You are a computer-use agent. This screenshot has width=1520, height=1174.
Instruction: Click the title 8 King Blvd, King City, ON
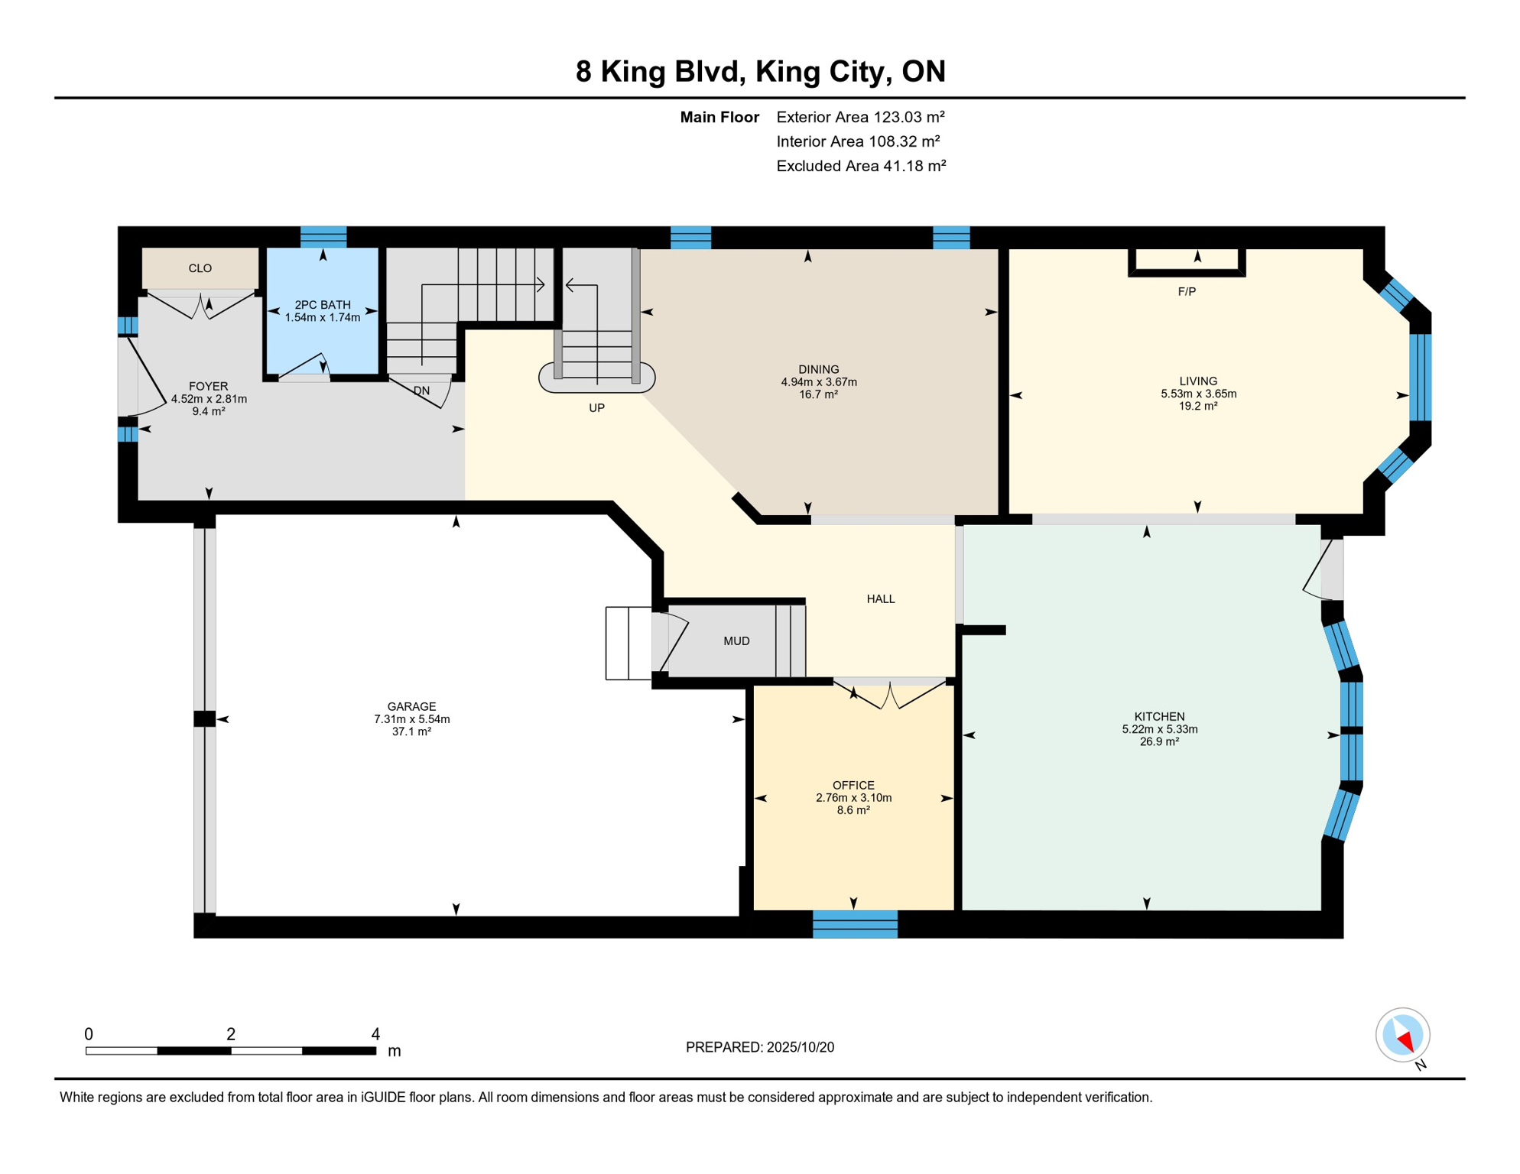pos(760,72)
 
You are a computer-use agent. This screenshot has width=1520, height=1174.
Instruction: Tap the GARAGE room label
pos(411,706)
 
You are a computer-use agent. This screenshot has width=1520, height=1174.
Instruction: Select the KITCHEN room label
pos(1159,716)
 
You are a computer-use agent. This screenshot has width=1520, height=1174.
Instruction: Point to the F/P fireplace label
pos(1187,291)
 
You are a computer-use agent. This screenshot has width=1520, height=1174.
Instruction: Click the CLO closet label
pos(200,268)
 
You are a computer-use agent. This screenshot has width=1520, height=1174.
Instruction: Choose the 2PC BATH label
pos(323,305)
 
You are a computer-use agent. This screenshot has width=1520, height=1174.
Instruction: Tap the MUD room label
pos(736,641)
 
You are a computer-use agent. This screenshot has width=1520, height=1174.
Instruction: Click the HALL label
pos(881,599)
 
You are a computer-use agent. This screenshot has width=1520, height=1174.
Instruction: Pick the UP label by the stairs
pos(596,408)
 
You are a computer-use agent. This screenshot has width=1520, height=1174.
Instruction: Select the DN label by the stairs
pos(421,391)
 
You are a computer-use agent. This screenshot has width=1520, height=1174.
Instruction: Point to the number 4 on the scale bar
pos(375,1034)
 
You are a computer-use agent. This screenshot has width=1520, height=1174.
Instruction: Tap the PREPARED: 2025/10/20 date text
pos(760,1047)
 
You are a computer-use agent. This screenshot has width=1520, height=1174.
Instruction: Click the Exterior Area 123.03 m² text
pos(861,117)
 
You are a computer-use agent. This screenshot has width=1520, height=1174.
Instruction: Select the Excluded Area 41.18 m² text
pos(861,166)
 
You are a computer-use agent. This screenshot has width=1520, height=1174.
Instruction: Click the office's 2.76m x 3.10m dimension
pos(853,797)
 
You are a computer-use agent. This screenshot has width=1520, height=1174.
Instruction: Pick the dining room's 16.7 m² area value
pos(818,394)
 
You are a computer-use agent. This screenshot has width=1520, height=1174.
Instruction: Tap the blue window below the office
pos(855,924)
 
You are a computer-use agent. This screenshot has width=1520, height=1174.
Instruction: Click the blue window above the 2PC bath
pos(323,237)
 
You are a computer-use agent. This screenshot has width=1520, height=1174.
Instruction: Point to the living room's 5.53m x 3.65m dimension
pos(1198,394)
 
